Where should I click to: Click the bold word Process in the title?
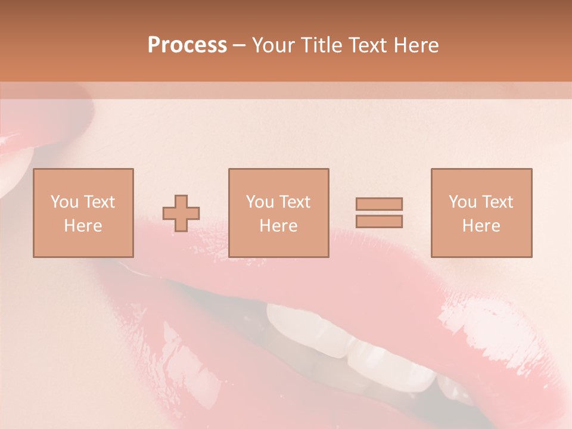point(187,45)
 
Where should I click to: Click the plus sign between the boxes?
point(181,213)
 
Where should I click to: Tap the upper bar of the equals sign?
point(379,204)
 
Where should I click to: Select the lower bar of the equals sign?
point(379,221)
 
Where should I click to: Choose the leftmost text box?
point(83,213)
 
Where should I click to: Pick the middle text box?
point(278,213)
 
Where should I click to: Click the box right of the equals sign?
point(481,213)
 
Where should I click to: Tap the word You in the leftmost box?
point(64,202)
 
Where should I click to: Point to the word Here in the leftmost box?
point(83,226)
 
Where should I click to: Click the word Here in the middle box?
point(278,226)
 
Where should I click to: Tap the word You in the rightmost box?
point(462,202)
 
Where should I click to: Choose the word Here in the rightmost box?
point(481,226)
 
